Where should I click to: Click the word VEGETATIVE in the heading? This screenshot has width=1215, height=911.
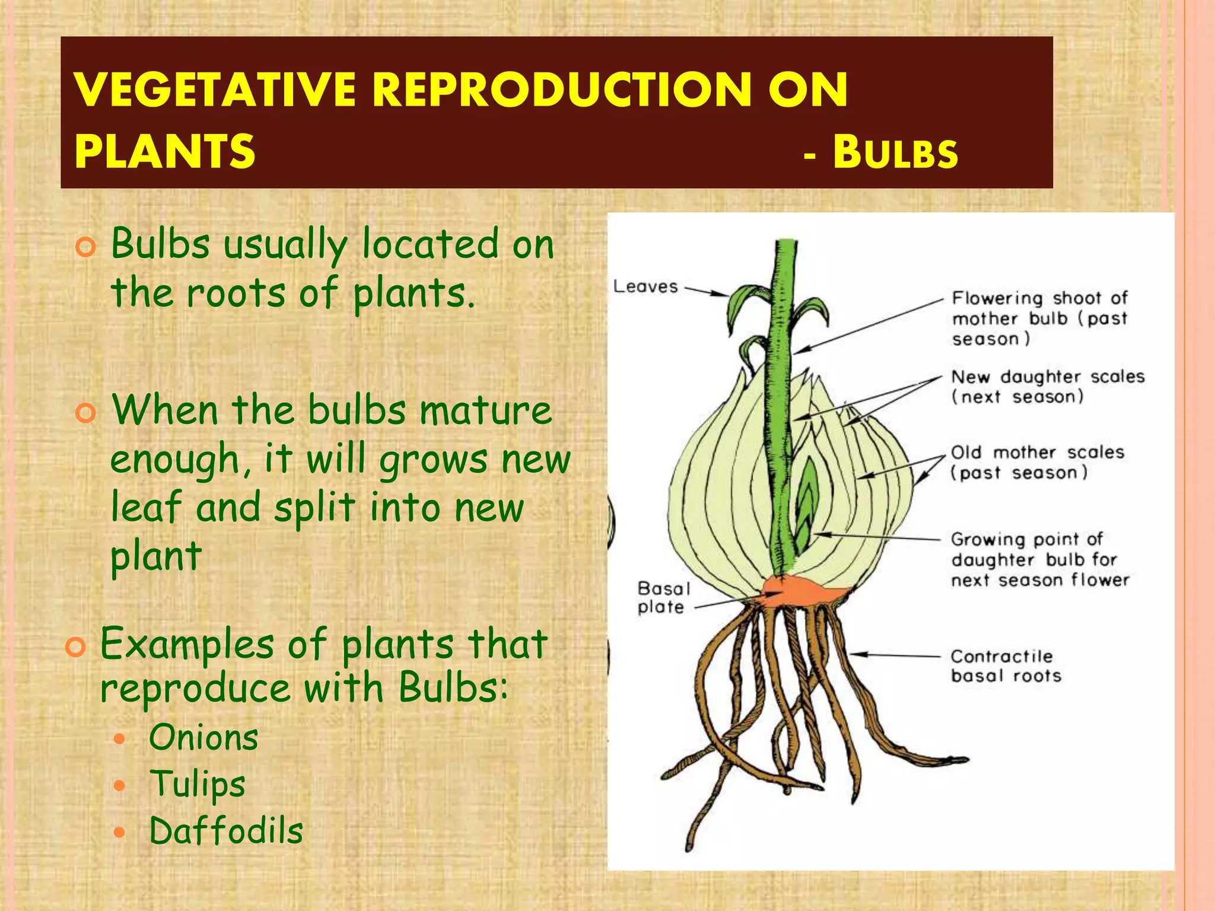[x=215, y=90]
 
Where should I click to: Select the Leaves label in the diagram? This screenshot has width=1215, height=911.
[x=645, y=286]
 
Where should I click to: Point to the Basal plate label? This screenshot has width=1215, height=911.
[x=663, y=597]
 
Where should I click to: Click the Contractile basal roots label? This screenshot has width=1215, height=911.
[x=1006, y=665]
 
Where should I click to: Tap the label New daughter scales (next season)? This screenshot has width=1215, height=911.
[x=1047, y=386]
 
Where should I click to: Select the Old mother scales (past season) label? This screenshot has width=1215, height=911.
[x=1037, y=463]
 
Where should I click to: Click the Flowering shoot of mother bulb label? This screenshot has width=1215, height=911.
[x=1039, y=318]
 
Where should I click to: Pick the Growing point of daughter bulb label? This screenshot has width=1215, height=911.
[x=1039, y=559]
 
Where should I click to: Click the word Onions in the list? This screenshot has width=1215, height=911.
[x=203, y=738]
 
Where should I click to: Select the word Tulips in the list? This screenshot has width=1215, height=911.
[x=197, y=784]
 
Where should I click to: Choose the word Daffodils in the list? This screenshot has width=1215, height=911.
[x=226, y=830]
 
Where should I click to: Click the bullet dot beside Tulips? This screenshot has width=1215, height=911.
[x=120, y=786]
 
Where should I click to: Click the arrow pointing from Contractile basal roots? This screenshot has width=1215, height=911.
[x=896, y=655]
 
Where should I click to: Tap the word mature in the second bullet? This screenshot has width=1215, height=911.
[x=486, y=410]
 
